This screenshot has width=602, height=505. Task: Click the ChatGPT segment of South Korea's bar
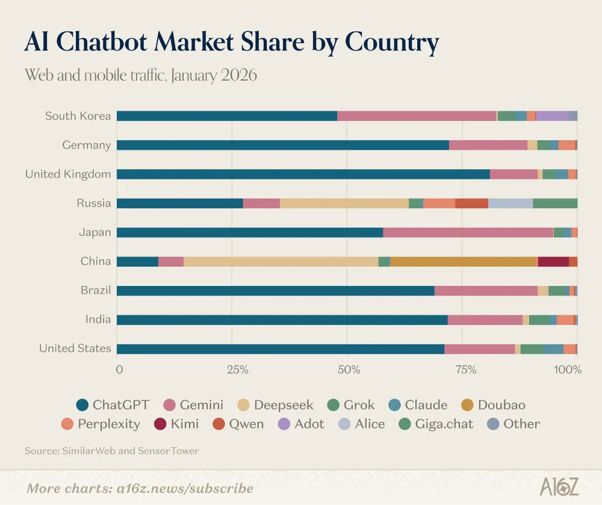tap(226, 116)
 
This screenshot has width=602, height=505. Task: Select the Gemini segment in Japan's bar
tap(468, 232)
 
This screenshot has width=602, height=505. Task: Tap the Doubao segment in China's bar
tap(463, 261)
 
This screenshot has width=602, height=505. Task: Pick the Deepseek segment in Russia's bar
tap(344, 203)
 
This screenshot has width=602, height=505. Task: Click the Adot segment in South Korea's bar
tap(551, 116)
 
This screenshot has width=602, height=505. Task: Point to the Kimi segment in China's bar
tap(553, 261)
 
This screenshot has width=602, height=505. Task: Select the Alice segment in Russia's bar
tap(510, 203)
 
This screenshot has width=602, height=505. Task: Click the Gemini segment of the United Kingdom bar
tap(513, 174)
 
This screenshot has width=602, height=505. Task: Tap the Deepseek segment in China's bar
tap(281, 261)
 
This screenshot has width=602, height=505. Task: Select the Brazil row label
tap(96, 290)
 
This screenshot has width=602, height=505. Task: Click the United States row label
tap(75, 349)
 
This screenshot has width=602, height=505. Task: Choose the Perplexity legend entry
tap(101, 424)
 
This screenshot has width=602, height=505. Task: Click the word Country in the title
tap(391, 42)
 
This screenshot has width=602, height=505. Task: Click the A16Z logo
tap(559, 486)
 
